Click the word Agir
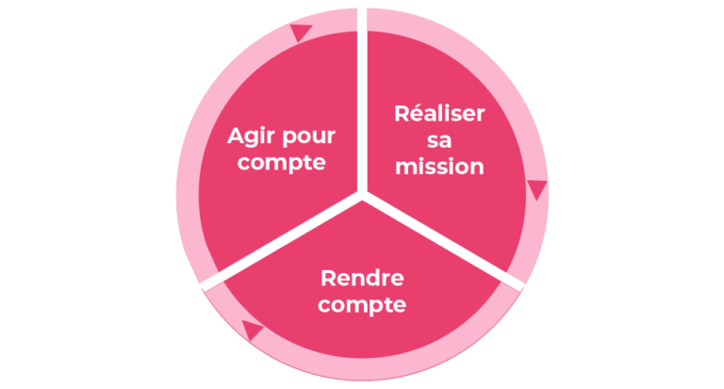pyautogui.click(x=251, y=138)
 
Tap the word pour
pyautogui.click(x=308, y=138)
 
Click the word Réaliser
pyautogui.click(x=439, y=114)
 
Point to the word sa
pyautogui.click(x=439, y=140)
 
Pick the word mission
pyautogui.click(x=439, y=167)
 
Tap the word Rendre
pyautogui.click(x=362, y=278)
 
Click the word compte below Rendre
pyautogui.click(x=362, y=305)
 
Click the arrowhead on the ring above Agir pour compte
pyautogui.click(x=300, y=33)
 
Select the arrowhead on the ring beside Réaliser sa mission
pyautogui.click(x=537, y=189)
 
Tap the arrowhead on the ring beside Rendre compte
pyautogui.click(x=251, y=330)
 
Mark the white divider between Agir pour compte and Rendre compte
pyautogui.click(x=282, y=241)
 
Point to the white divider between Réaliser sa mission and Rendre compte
pyautogui.click(x=443, y=241)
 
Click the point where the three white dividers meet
pyautogui.click(x=362, y=195)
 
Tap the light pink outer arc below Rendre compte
pyautogui.click(x=363, y=369)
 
